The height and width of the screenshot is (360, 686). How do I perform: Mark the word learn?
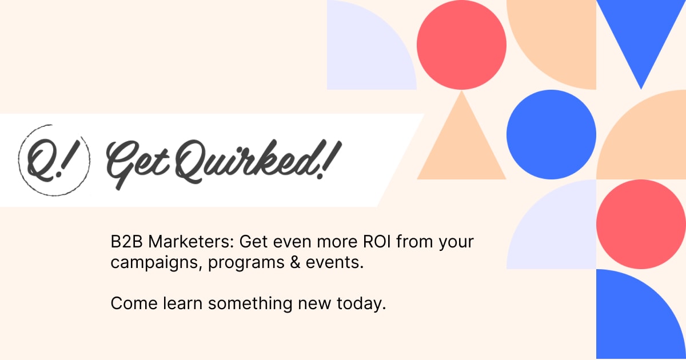(x=181, y=304)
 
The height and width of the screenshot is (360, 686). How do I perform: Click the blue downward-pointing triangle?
(x=641, y=34)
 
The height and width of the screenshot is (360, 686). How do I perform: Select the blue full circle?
(x=551, y=135)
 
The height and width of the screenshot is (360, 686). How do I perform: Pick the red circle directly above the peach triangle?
(x=461, y=45)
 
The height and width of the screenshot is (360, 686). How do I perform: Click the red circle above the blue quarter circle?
(x=641, y=224)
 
